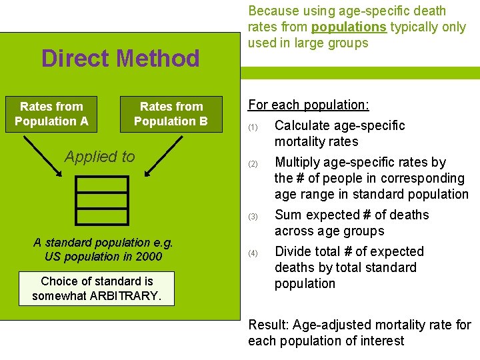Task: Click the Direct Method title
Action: tap(120, 59)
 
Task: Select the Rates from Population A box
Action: tap(51, 114)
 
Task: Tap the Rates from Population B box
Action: tap(171, 114)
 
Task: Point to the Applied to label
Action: tap(99, 157)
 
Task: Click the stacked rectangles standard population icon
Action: tap(102, 201)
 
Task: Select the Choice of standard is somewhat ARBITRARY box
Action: tap(97, 288)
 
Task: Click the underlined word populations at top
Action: tap(349, 27)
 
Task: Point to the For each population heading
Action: tap(309, 105)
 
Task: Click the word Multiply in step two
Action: tap(297, 162)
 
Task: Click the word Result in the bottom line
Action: tap(268, 325)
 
